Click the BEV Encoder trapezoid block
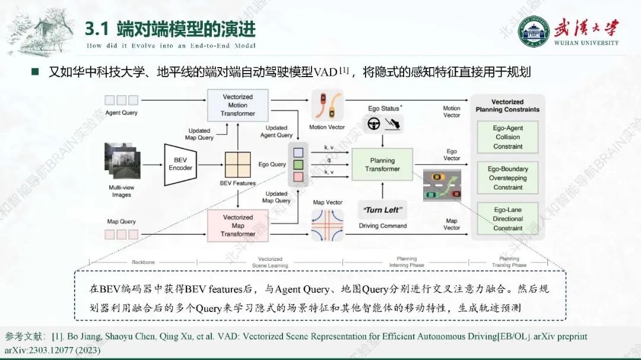[x=180, y=164]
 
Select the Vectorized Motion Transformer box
[x=237, y=106]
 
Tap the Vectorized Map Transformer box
[x=237, y=225]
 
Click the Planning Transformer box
[x=382, y=164]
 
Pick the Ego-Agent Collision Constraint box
[x=507, y=137]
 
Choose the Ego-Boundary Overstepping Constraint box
[x=507, y=178]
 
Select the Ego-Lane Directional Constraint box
[x=507, y=219]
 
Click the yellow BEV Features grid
[x=237, y=164]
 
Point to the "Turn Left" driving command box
[x=382, y=210]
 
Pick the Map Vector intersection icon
[x=327, y=224]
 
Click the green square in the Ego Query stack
[x=299, y=164]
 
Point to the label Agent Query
[x=121, y=113]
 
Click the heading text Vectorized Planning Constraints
[x=507, y=106]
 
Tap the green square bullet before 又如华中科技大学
[x=35, y=72]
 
